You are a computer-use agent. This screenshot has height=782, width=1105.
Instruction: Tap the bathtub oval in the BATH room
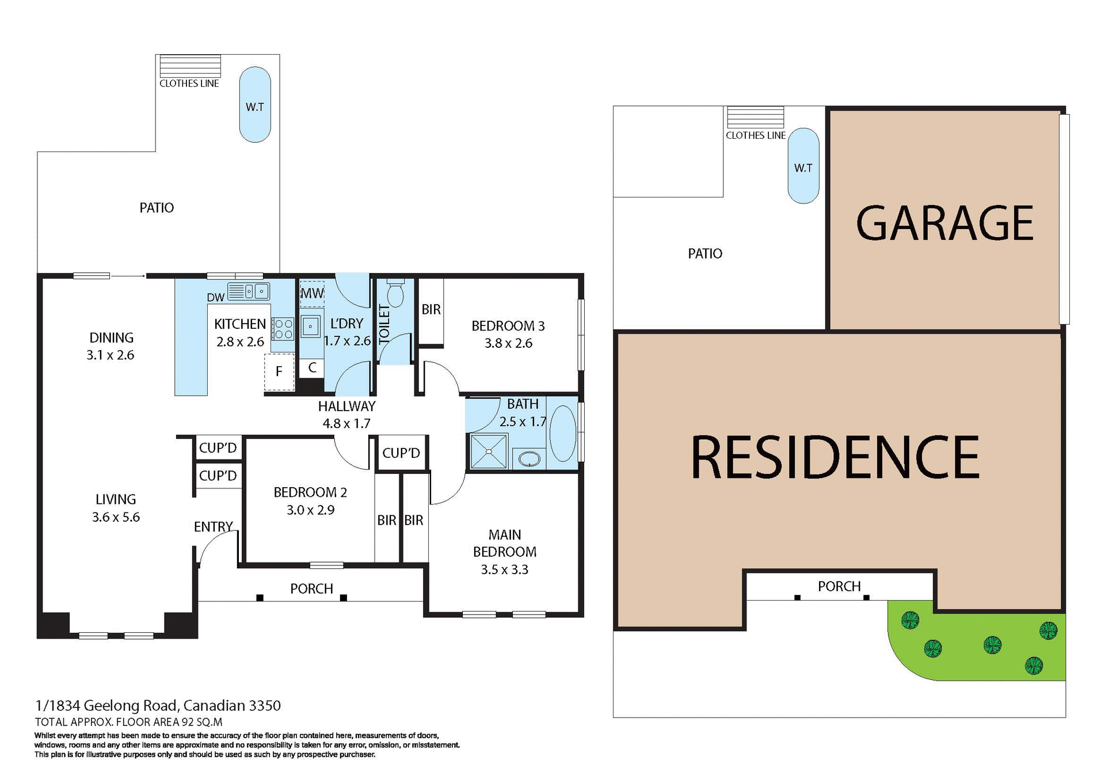coord(562,432)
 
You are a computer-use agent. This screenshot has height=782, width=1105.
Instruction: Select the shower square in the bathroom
coord(489,451)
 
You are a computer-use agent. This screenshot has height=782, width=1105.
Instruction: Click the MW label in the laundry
coord(312,293)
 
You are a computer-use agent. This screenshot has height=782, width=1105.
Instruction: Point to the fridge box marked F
coord(279,372)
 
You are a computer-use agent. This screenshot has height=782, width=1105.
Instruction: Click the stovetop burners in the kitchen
coord(283,329)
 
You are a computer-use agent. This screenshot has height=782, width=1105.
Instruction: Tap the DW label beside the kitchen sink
coord(215,298)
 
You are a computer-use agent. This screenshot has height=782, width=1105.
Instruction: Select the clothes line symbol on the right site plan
coord(755,117)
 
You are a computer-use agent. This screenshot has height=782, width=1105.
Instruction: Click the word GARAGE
coord(944,223)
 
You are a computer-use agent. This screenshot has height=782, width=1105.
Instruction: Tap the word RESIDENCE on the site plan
coord(835,458)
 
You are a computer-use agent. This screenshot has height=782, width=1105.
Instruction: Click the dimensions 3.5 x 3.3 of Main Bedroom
coord(504,570)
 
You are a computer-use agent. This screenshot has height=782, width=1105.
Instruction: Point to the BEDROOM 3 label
coord(508,326)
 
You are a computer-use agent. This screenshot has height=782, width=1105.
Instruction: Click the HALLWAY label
coord(346,406)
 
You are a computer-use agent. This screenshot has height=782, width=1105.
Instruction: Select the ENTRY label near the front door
coord(213,527)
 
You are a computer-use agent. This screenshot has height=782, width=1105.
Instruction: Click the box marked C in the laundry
coord(312,368)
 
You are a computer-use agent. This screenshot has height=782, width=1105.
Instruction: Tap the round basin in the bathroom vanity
coord(529,459)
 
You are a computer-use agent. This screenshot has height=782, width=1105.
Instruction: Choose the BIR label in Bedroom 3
coord(431,310)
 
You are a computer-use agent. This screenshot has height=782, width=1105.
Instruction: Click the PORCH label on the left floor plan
coord(311,589)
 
